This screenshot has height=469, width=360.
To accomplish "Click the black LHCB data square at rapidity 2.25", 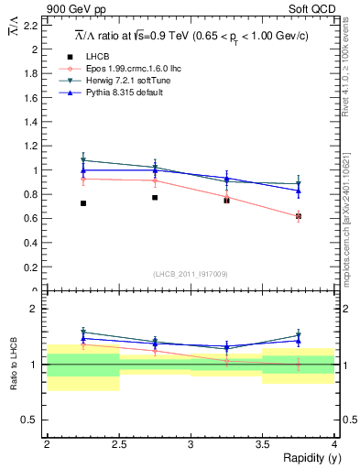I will tap(83, 203).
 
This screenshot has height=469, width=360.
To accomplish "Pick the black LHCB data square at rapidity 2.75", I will tap(155, 197).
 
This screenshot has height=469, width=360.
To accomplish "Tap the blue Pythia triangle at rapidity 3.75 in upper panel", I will tap(298, 191).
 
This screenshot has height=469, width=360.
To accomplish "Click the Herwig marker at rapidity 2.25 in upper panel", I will tap(83, 160).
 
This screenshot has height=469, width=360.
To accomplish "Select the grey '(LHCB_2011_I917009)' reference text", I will tap(190, 273).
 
